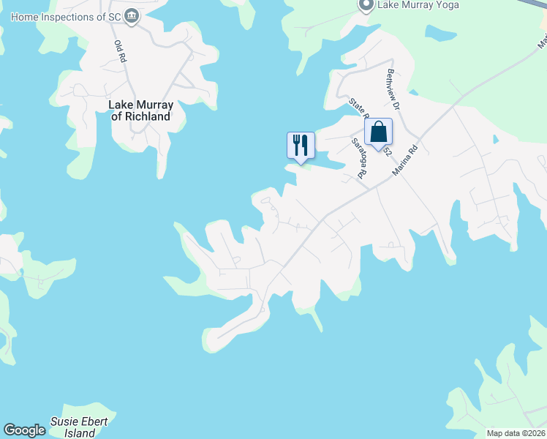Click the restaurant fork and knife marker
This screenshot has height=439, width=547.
(300, 144)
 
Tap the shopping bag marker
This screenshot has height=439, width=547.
(378, 132)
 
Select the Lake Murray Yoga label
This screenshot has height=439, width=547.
(418, 5)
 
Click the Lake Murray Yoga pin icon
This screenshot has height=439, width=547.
(366, 5)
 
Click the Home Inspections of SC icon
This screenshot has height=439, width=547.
(132, 16)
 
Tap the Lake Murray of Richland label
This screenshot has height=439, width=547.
(140, 110)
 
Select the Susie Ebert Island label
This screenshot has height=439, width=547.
(79, 427)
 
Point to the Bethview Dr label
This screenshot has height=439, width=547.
(393, 89)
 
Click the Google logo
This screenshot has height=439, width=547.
(24, 430)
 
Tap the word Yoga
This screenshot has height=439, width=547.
(446, 5)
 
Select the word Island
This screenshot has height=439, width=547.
(79, 433)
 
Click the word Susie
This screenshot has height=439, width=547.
(64, 422)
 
